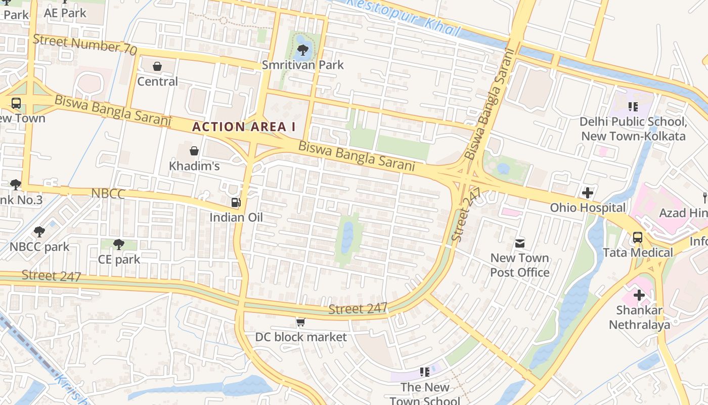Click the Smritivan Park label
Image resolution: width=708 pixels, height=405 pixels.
point(302,65)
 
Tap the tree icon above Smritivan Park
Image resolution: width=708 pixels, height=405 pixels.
point(303,50)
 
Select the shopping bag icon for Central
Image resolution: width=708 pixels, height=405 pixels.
point(157,66)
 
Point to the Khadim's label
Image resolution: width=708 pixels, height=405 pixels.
point(194,166)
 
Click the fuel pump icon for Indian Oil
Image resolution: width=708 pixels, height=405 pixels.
point(236,202)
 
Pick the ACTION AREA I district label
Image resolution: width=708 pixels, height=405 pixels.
point(244,127)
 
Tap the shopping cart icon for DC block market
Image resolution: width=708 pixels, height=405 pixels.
point(301,322)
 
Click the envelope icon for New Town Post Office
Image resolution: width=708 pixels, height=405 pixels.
point(520,244)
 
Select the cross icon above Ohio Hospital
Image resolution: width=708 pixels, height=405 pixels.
point(588,193)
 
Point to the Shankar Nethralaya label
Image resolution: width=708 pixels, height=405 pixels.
point(639,317)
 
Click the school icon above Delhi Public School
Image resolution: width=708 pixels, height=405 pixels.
point(633,107)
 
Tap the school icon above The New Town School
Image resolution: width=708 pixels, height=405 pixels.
point(425,373)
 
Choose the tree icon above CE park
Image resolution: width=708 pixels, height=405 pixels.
point(119,245)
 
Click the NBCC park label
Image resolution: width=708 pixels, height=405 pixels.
point(39,247)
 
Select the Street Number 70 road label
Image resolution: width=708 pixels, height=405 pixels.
point(85,45)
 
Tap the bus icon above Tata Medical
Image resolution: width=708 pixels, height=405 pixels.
point(638,237)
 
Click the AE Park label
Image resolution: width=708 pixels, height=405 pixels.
point(65,13)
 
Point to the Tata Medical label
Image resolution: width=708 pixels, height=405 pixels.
point(638,252)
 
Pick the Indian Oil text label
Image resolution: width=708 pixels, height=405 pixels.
point(236,217)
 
